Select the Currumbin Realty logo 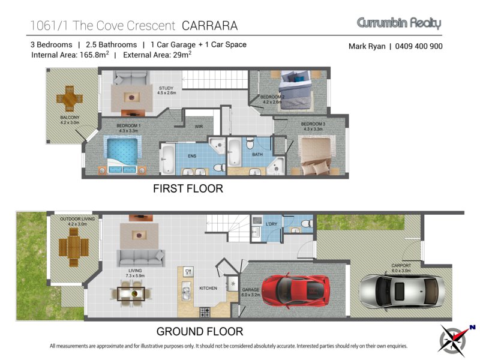click(399, 23)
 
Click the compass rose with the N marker click(456, 338)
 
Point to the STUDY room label click(166, 88)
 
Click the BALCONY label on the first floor click(70, 117)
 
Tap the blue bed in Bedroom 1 click(122, 155)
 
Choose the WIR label click(199, 127)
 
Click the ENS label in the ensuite click(192, 156)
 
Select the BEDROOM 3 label click(313, 124)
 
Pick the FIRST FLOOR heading click(188, 188)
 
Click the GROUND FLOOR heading click(200, 332)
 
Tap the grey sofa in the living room click(141, 258)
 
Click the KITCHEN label click(208, 288)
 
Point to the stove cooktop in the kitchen click(205, 313)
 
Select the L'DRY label click(271, 224)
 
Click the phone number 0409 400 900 click(419, 46)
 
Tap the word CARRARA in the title click(209, 26)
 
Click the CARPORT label click(401, 265)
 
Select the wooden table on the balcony click(70, 98)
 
